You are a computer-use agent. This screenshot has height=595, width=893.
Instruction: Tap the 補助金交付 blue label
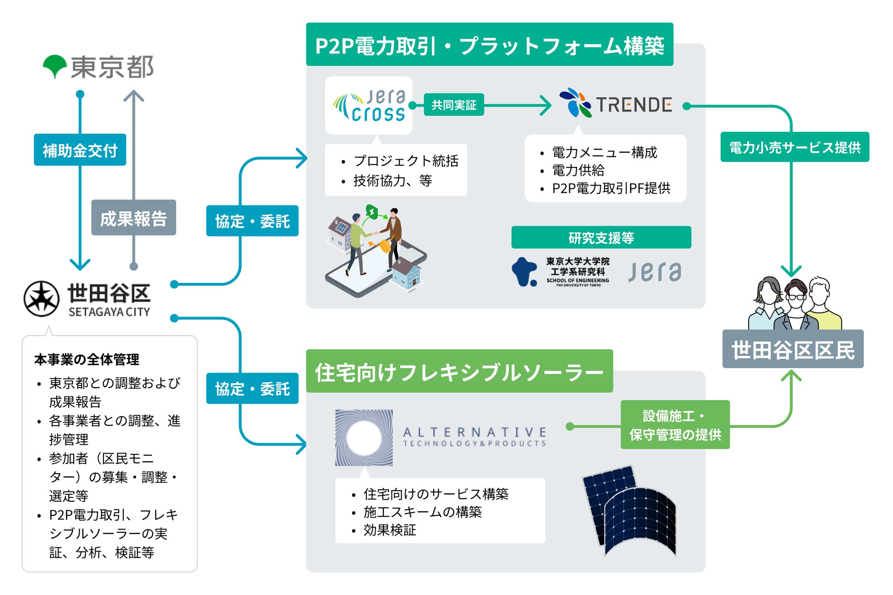pos(80,150)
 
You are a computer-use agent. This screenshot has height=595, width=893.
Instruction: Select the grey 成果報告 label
pos(133,218)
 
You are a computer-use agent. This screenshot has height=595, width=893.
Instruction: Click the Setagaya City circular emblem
pos(41,299)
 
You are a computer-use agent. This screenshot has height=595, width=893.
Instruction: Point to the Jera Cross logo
pos(369,105)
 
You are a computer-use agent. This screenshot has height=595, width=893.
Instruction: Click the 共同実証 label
pos(453,105)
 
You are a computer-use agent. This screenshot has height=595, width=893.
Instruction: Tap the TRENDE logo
pos(615,104)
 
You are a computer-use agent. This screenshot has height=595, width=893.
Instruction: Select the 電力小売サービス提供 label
pos(795,147)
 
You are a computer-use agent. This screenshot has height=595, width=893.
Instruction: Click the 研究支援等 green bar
pos(601,238)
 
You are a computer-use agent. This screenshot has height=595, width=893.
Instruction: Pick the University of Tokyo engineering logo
pos(561,272)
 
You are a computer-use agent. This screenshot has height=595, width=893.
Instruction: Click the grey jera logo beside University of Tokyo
pos(655,272)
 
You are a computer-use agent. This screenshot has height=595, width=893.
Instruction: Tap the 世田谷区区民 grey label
pos(793,350)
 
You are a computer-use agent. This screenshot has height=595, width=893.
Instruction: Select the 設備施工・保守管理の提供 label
pos(675,425)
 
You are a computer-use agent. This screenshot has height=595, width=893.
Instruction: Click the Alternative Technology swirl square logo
pos(364,438)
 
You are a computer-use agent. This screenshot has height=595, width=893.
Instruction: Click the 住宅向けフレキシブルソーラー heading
pos(459,371)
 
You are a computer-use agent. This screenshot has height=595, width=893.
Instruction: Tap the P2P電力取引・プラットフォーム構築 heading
pos(489,45)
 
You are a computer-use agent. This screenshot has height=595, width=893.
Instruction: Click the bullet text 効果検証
pos(390,530)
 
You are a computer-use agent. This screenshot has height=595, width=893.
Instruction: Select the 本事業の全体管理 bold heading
pos(87,360)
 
